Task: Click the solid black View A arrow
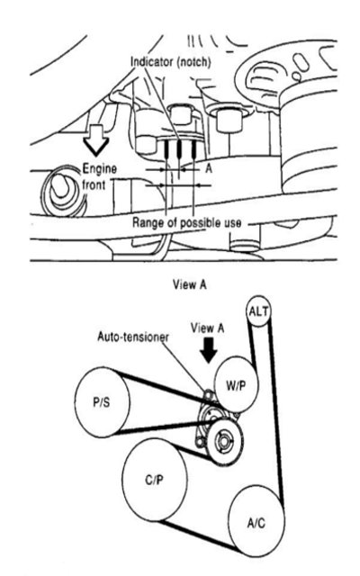(x=208, y=350)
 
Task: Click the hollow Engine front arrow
(x=96, y=140)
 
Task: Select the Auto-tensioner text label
(x=133, y=337)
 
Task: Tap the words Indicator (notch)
(x=171, y=62)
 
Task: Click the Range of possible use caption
(x=187, y=222)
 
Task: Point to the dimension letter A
(x=209, y=168)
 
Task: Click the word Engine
(x=99, y=169)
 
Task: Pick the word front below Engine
(x=94, y=184)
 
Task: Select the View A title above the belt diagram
(x=190, y=284)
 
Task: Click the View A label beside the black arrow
(x=207, y=328)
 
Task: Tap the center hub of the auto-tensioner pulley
(x=223, y=440)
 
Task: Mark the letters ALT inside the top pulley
(x=258, y=311)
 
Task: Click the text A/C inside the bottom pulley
(x=256, y=523)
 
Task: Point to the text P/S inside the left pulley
(x=101, y=402)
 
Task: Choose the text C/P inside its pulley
(x=154, y=480)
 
